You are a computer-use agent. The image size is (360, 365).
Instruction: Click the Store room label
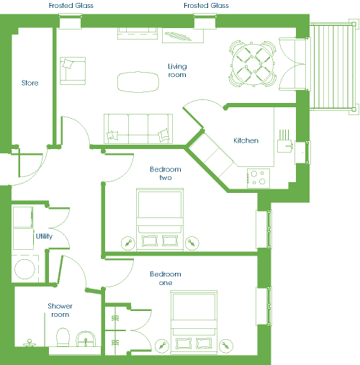pos(30,83)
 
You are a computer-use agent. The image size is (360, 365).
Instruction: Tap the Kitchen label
pos(246,140)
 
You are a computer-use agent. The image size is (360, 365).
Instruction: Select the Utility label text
pos(44,236)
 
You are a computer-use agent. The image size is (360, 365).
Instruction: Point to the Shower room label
pos(60,310)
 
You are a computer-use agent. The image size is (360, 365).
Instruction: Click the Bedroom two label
pos(166,174)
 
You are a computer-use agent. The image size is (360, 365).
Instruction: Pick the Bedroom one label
pos(166,279)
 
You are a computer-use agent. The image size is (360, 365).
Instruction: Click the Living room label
pos(177,71)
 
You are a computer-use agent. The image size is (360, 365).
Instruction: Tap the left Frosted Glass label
pos(71,6)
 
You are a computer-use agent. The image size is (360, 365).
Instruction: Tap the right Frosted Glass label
pos(206,6)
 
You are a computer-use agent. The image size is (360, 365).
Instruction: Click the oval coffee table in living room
pos(138,82)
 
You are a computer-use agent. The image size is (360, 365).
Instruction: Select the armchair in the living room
pos(73,71)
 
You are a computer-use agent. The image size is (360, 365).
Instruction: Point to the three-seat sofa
pos(138,129)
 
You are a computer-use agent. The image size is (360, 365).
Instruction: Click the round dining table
pos(253,64)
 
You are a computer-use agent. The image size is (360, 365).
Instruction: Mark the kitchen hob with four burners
pos(258,179)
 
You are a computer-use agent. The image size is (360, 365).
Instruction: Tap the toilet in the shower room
pos(63,337)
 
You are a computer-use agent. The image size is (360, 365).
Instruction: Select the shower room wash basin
pos(86,339)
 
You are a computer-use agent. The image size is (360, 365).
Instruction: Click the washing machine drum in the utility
pos(24,269)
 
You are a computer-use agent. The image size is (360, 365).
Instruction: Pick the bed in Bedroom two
pos(160,220)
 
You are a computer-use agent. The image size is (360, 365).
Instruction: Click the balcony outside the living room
pos(333,66)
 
